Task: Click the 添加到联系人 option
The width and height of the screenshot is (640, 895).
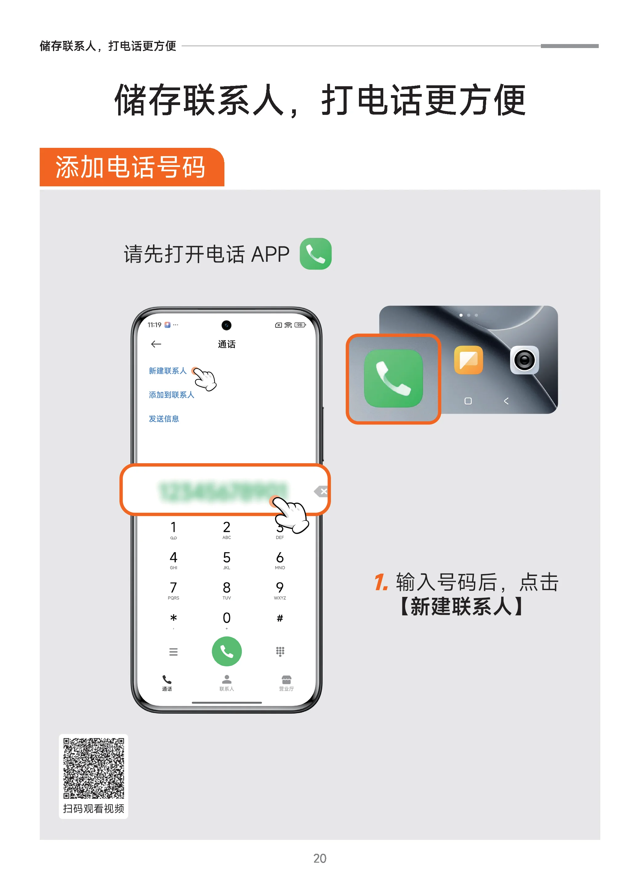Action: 171,395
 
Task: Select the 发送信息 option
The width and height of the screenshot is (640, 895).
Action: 164,419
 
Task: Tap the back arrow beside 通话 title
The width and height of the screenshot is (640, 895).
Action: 156,344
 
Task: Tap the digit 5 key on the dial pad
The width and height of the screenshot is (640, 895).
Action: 227,559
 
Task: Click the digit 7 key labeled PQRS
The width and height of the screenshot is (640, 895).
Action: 173,589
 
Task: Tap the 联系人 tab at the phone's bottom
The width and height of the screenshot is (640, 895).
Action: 227,683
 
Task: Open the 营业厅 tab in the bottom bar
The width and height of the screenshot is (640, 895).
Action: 287,683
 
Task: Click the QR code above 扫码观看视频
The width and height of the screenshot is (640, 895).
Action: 94,768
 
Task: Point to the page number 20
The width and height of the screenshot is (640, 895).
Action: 320,858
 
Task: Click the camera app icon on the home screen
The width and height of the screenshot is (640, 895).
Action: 525,360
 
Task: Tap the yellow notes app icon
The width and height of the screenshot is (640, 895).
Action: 469,360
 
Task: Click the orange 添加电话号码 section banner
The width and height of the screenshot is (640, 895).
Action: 132,167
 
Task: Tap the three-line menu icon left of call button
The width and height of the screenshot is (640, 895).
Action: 173,652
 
